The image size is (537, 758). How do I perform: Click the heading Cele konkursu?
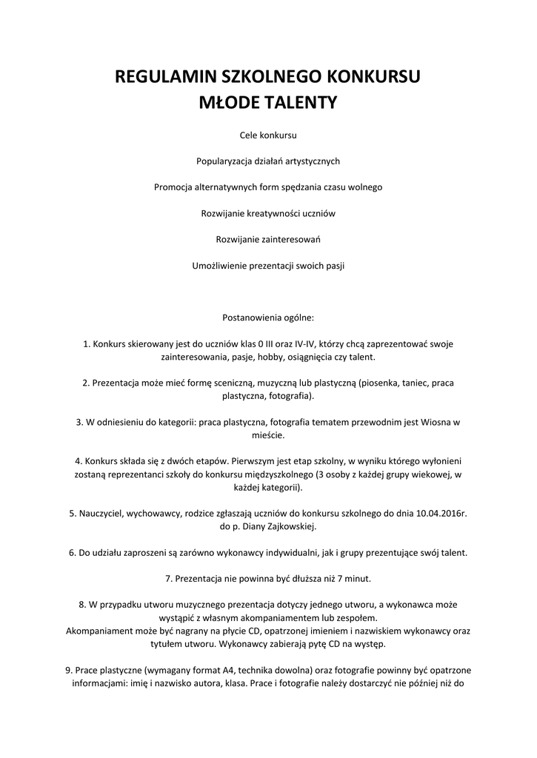[268, 135]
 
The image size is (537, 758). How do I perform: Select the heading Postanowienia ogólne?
[268, 318]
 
